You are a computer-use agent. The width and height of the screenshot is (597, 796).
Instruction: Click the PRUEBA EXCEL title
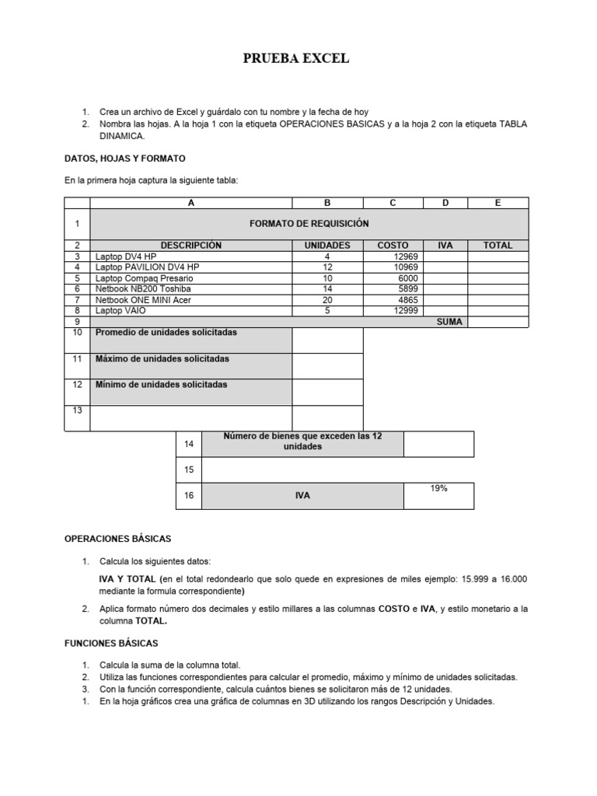coord(298,59)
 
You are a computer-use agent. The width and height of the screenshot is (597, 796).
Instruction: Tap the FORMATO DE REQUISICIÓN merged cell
coord(309,224)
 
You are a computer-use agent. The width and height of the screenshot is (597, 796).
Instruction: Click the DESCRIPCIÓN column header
coord(190,246)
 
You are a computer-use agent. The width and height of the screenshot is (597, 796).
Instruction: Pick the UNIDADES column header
coord(326,246)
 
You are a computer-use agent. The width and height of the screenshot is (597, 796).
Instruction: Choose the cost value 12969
coord(407,257)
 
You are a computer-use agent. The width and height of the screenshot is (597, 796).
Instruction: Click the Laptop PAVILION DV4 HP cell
coord(147,267)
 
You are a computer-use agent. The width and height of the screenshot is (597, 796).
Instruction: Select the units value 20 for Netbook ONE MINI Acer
coord(326,300)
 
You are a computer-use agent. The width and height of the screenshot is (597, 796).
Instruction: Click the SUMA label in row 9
coord(449,322)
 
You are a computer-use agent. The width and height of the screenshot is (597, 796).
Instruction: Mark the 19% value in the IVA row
coord(438,488)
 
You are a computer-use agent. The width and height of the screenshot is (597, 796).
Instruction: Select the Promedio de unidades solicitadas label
coord(166,333)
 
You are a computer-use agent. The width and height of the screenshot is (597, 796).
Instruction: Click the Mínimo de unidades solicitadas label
coord(162,385)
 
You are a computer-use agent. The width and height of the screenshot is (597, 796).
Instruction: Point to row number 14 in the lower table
coord(188,444)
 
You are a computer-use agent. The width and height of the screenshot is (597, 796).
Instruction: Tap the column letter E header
coord(497,203)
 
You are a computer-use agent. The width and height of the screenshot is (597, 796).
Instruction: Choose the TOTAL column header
coord(497,246)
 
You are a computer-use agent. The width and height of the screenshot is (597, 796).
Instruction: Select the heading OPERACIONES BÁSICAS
coord(117,539)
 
